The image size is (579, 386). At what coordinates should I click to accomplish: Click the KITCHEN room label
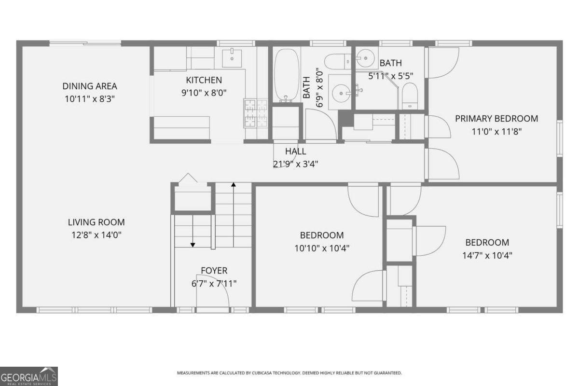pyautogui.click(x=204, y=80)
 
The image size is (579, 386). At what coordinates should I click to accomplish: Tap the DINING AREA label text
pyautogui.click(x=90, y=86)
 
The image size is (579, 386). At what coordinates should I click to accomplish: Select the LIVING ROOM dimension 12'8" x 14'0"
pyautogui.click(x=96, y=235)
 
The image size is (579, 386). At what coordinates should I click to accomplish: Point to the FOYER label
pyautogui.click(x=214, y=271)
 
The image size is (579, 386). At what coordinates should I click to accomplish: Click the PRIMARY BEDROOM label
pyautogui.click(x=496, y=118)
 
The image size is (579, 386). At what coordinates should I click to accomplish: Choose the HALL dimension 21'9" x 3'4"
pyautogui.click(x=295, y=164)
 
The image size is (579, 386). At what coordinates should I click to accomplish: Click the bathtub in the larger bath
pyautogui.click(x=287, y=75)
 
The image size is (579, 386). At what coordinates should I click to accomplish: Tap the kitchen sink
pyautogui.click(x=232, y=57)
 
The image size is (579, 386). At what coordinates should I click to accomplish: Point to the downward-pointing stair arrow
pyautogui.click(x=193, y=232)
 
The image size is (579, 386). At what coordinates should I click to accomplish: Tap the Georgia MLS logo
pyautogui.click(x=29, y=376)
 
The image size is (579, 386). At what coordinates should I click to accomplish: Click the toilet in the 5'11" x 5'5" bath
pyautogui.click(x=410, y=95)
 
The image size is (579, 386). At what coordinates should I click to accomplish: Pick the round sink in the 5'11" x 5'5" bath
pyautogui.click(x=365, y=59)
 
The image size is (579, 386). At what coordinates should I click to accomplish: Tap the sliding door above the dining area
pyautogui.click(x=85, y=43)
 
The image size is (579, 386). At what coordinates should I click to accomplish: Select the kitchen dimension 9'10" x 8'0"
pyautogui.click(x=204, y=93)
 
